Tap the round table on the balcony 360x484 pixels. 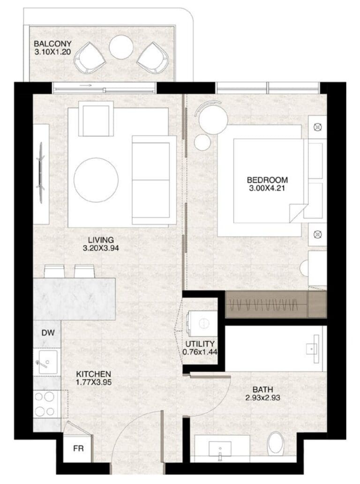121,48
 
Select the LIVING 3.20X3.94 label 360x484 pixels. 101,244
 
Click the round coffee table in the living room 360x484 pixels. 96,179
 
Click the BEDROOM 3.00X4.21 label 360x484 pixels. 267,184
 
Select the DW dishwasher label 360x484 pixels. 48,333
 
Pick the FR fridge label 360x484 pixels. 78,448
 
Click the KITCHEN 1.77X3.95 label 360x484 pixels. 94,378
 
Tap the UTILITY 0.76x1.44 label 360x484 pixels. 200,348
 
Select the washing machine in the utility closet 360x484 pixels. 202,323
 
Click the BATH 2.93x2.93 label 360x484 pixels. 263,394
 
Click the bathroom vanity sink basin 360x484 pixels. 220,449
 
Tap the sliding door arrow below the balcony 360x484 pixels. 86,85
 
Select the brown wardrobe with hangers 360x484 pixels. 276,305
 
